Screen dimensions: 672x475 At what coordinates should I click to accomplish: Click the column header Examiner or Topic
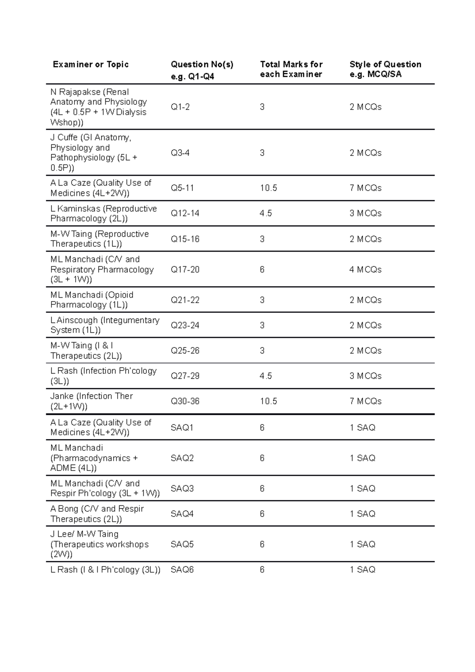click(x=91, y=65)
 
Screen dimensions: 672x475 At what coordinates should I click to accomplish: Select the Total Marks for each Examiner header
click(x=291, y=69)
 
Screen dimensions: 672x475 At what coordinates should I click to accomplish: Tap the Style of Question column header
click(x=385, y=69)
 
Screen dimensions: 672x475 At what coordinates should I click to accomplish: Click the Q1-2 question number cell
click(x=180, y=107)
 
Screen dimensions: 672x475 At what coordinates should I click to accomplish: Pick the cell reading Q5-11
click(x=182, y=188)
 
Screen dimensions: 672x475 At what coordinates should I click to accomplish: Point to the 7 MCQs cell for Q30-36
click(x=365, y=401)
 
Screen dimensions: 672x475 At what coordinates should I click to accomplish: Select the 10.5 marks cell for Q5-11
click(x=268, y=188)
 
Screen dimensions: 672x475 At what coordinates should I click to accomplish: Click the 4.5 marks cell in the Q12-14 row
click(x=266, y=213)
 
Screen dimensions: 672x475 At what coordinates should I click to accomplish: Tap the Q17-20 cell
click(x=185, y=270)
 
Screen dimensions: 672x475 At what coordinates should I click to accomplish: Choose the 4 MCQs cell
click(x=365, y=270)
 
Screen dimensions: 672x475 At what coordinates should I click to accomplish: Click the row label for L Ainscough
click(x=105, y=325)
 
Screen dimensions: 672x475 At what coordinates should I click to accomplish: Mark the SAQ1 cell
click(x=182, y=427)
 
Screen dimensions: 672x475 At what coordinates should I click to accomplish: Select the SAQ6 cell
click(x=182, y=570)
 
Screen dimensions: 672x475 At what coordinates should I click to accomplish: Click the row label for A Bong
click(x=97, y=514)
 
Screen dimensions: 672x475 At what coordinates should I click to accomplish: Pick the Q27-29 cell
click(x=185, y=376)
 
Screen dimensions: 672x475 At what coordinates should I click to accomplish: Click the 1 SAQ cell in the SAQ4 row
click(x=362, y=514)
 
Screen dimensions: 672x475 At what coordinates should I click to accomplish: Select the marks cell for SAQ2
click(x=262, y=458)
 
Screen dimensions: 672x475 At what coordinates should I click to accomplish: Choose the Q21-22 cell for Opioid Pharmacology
click(x=185, y=300)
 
